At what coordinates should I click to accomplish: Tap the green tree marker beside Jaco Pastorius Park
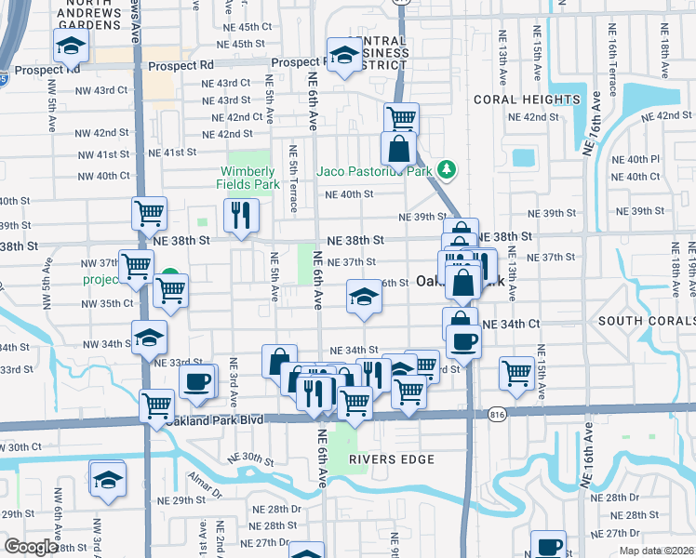click(448, 168)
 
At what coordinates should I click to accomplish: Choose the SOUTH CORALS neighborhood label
click(646, 321)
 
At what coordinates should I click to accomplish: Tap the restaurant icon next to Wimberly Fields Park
click(241, 215)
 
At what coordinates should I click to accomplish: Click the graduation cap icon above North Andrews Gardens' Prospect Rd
click(70, 44)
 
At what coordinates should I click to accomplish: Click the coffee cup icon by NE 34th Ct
click(462, 340)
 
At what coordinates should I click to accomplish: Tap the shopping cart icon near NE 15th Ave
click(516, 373)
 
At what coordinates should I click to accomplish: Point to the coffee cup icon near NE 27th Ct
click(549, 546)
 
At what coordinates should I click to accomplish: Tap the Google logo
click(31, 547)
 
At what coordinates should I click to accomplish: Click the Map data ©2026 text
click(656, 551)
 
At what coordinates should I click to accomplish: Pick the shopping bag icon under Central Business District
click(398, 149)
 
